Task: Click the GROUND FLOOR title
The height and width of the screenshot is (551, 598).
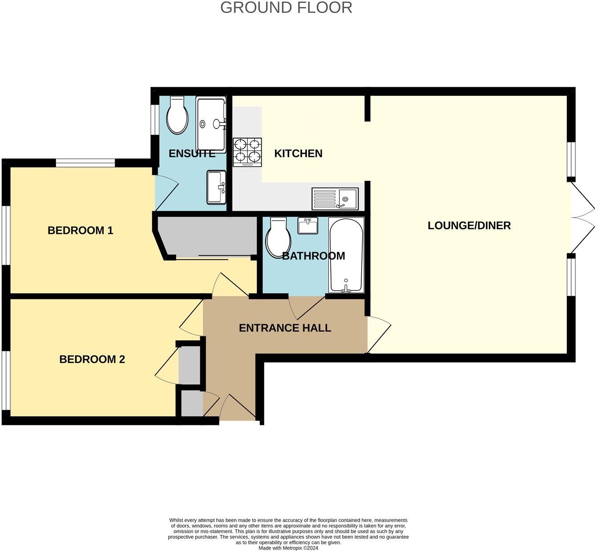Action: [x=286, y=8]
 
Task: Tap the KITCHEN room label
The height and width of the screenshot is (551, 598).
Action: [x=298, y=154]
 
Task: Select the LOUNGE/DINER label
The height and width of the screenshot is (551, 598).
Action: [x=469, y=225]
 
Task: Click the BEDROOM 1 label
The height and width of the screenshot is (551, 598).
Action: [x=81, y=230]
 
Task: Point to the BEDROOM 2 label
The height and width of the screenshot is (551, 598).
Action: [x=92, y=359]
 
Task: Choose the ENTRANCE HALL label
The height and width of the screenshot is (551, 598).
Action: [x=285, y=328]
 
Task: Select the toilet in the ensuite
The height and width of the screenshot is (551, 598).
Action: [x=178, y=115]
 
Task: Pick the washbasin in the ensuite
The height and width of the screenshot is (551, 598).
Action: [x=217, y=188]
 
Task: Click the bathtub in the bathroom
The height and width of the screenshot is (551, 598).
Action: [x=346, y=255]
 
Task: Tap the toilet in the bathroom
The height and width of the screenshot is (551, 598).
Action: [x=278, y=238]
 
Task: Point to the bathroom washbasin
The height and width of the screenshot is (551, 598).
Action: [x=307, y=226]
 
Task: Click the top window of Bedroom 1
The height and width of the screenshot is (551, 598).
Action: [x=85, y=163]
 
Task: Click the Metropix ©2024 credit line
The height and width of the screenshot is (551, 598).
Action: [x=288, y=548]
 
